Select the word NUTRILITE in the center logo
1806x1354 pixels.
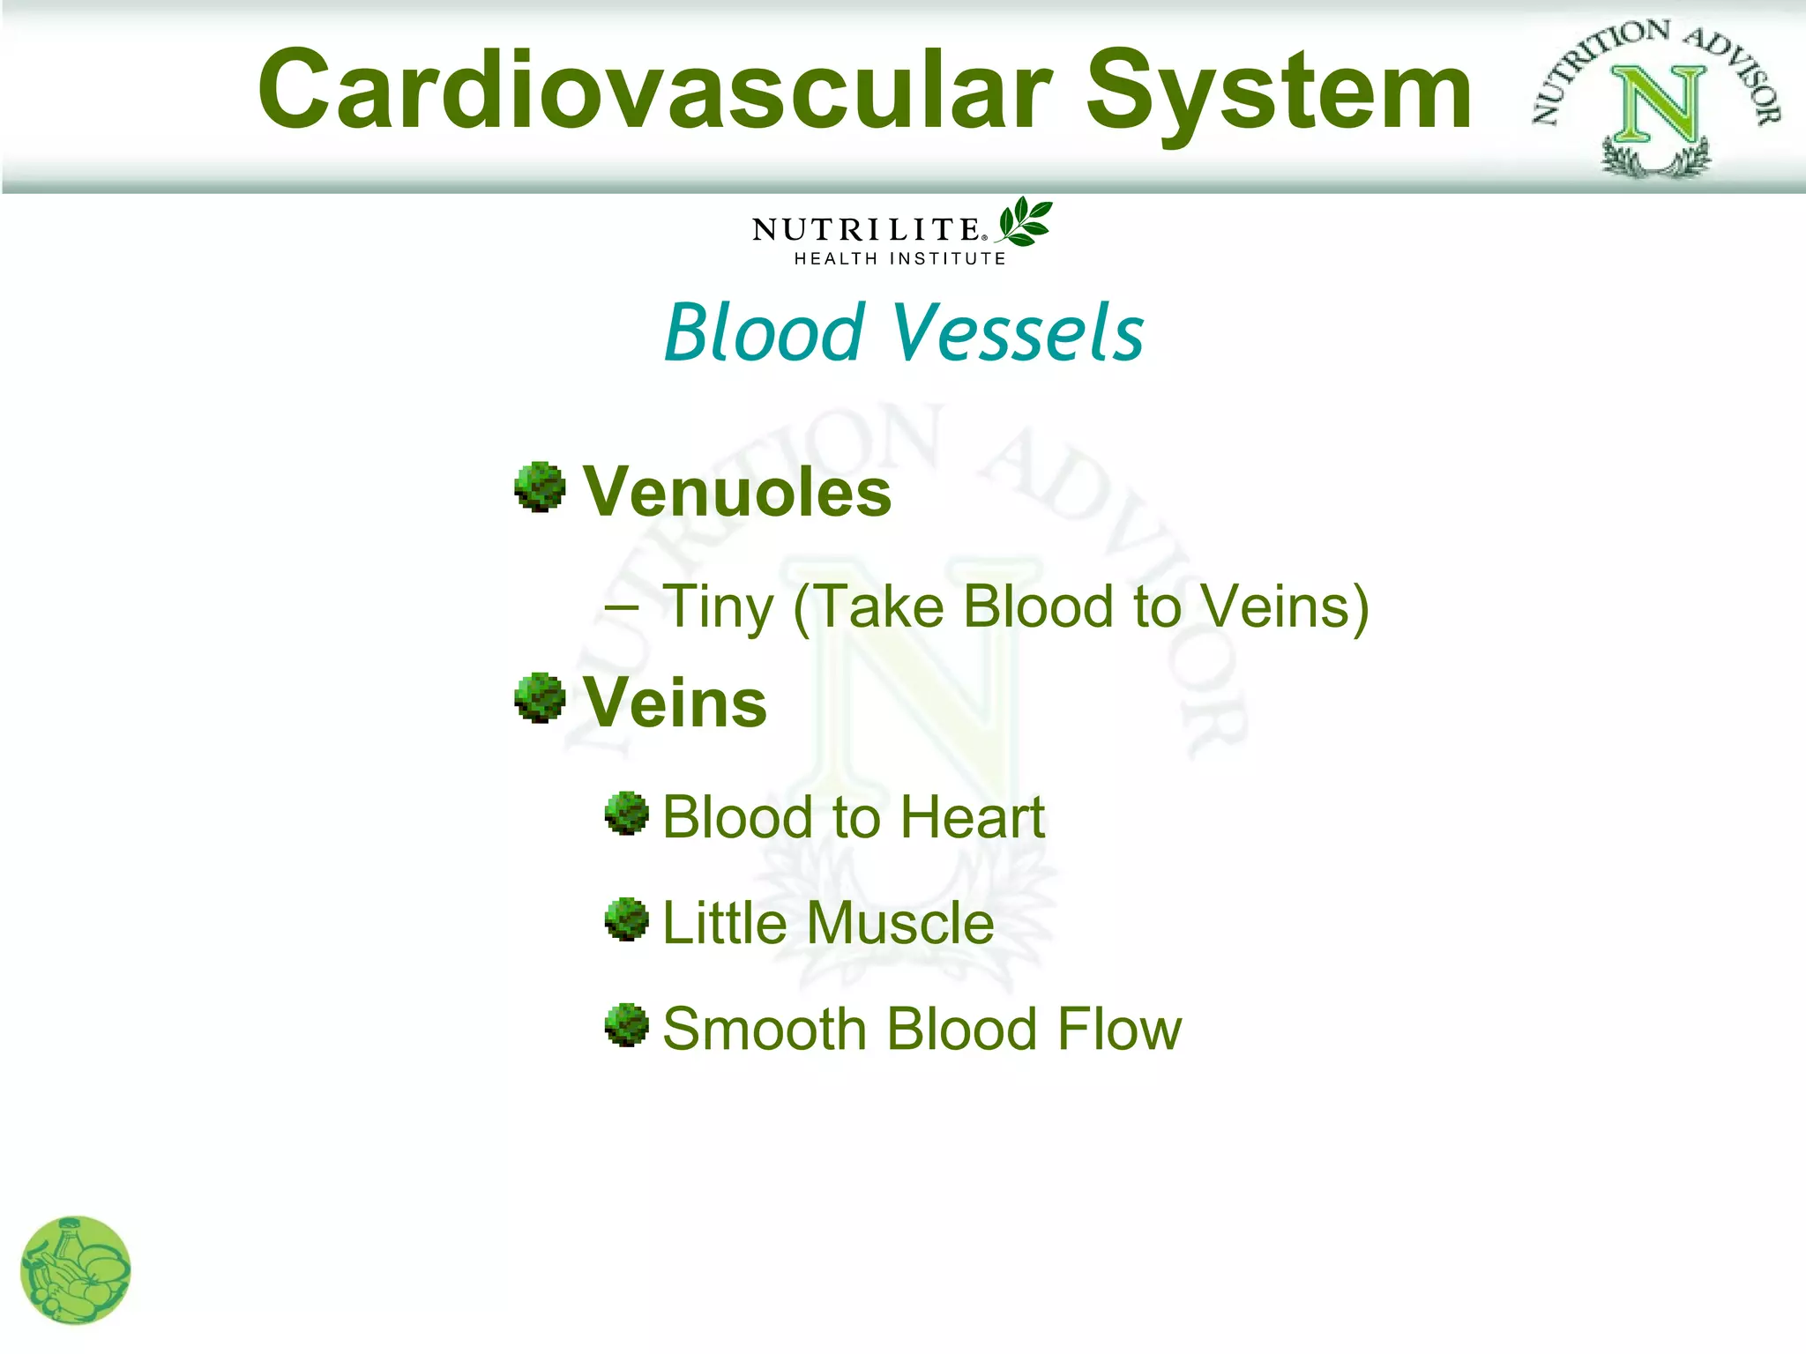866,230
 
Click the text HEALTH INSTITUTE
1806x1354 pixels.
899,259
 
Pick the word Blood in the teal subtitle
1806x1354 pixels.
764,332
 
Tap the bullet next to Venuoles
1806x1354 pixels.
540,487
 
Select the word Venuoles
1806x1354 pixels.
737,492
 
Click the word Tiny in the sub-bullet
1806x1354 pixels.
718,608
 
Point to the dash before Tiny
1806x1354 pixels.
623,607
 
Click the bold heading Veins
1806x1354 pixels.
675,703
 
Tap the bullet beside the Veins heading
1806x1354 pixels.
540,698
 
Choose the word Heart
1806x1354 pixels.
972,817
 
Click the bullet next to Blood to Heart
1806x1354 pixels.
627,813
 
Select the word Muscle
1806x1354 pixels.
900,923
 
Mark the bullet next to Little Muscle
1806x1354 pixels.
627,919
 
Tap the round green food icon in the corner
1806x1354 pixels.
76,1269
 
